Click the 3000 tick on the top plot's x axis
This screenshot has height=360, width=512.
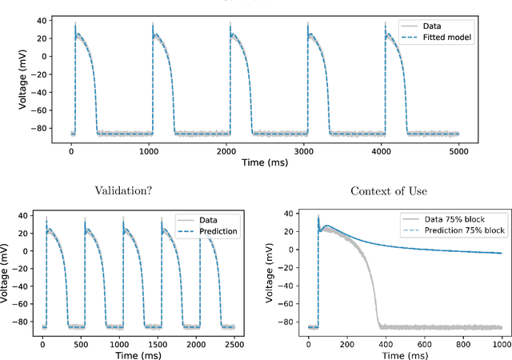pos(306,152)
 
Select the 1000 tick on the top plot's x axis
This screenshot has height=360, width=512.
pos(150,152)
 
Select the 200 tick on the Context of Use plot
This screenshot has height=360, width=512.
pos(346,342)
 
